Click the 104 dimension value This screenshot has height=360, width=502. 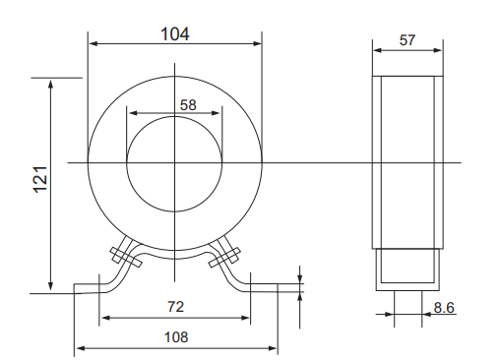coord(175,34)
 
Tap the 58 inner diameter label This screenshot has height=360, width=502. coord(188,105)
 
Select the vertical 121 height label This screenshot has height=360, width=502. coord(40,179)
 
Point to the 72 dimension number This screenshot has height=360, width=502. coord(176,307)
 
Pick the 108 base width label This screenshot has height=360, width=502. coord(176,337)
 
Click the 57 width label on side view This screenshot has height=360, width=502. coord(408,40)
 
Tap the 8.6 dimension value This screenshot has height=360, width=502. coord(444,308)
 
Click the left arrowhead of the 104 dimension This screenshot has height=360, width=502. coord(94,43)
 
